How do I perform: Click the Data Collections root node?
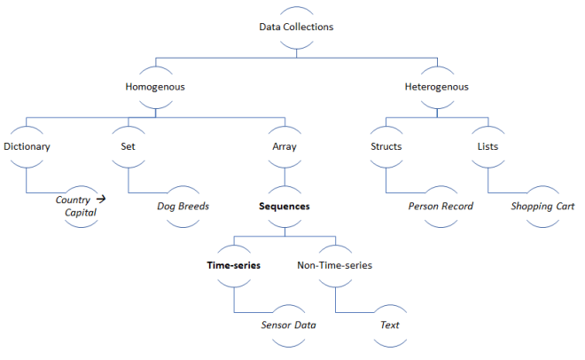pos(296,27)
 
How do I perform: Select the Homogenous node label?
pos(154,87)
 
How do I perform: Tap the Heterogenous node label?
pos(436,87)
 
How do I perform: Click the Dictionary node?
pos(27,146)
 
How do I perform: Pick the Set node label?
pos(128,146)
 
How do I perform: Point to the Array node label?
pos(284,146)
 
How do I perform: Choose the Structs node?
pos(386,146)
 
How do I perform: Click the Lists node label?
pos(487,146)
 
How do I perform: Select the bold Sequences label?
pos(284,206)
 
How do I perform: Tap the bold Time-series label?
pos(233,265)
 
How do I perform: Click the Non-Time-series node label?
pos(334,265)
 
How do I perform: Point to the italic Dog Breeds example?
pos(183,206)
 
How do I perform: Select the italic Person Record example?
pos(441,206)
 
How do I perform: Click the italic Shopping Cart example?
pos(542,206)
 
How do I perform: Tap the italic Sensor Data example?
pos(288,325)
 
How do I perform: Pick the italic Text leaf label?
pos(390,325)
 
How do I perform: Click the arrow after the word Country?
pos(101,200)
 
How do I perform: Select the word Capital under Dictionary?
pos(81,213)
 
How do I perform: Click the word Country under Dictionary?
pos(73,200)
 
